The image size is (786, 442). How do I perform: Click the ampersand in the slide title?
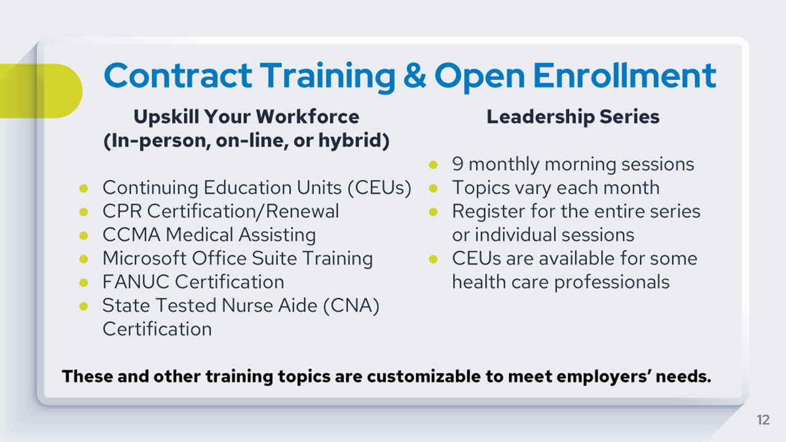tap(414, 75)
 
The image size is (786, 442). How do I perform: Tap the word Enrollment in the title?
tap(625, 75)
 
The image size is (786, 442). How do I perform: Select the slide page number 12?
tap(763, 420)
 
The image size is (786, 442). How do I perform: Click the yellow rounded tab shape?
tap(41, 91)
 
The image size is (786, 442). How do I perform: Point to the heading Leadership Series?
tap(573, 117)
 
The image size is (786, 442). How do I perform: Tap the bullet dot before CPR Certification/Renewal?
tap(84, 212)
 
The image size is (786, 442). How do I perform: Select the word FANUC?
tap(136, 282)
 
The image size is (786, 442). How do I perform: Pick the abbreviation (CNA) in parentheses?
tap(351, 306)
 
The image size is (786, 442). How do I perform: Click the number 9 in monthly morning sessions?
tap(457, 164)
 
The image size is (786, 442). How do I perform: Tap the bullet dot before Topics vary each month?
tap(434, 188)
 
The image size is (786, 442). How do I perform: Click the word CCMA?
tap(131, 235)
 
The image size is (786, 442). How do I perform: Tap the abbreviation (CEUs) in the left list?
tap(379, 188)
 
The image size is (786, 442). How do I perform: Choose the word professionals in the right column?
tap(612, 282)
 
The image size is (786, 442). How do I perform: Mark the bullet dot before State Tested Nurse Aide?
tap(84, 306)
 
